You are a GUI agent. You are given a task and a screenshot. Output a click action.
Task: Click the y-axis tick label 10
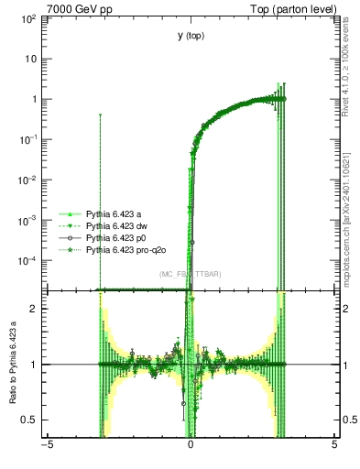click(x=32, y=59)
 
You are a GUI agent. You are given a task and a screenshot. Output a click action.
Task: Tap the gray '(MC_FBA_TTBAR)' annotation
click(x=190, y=274)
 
